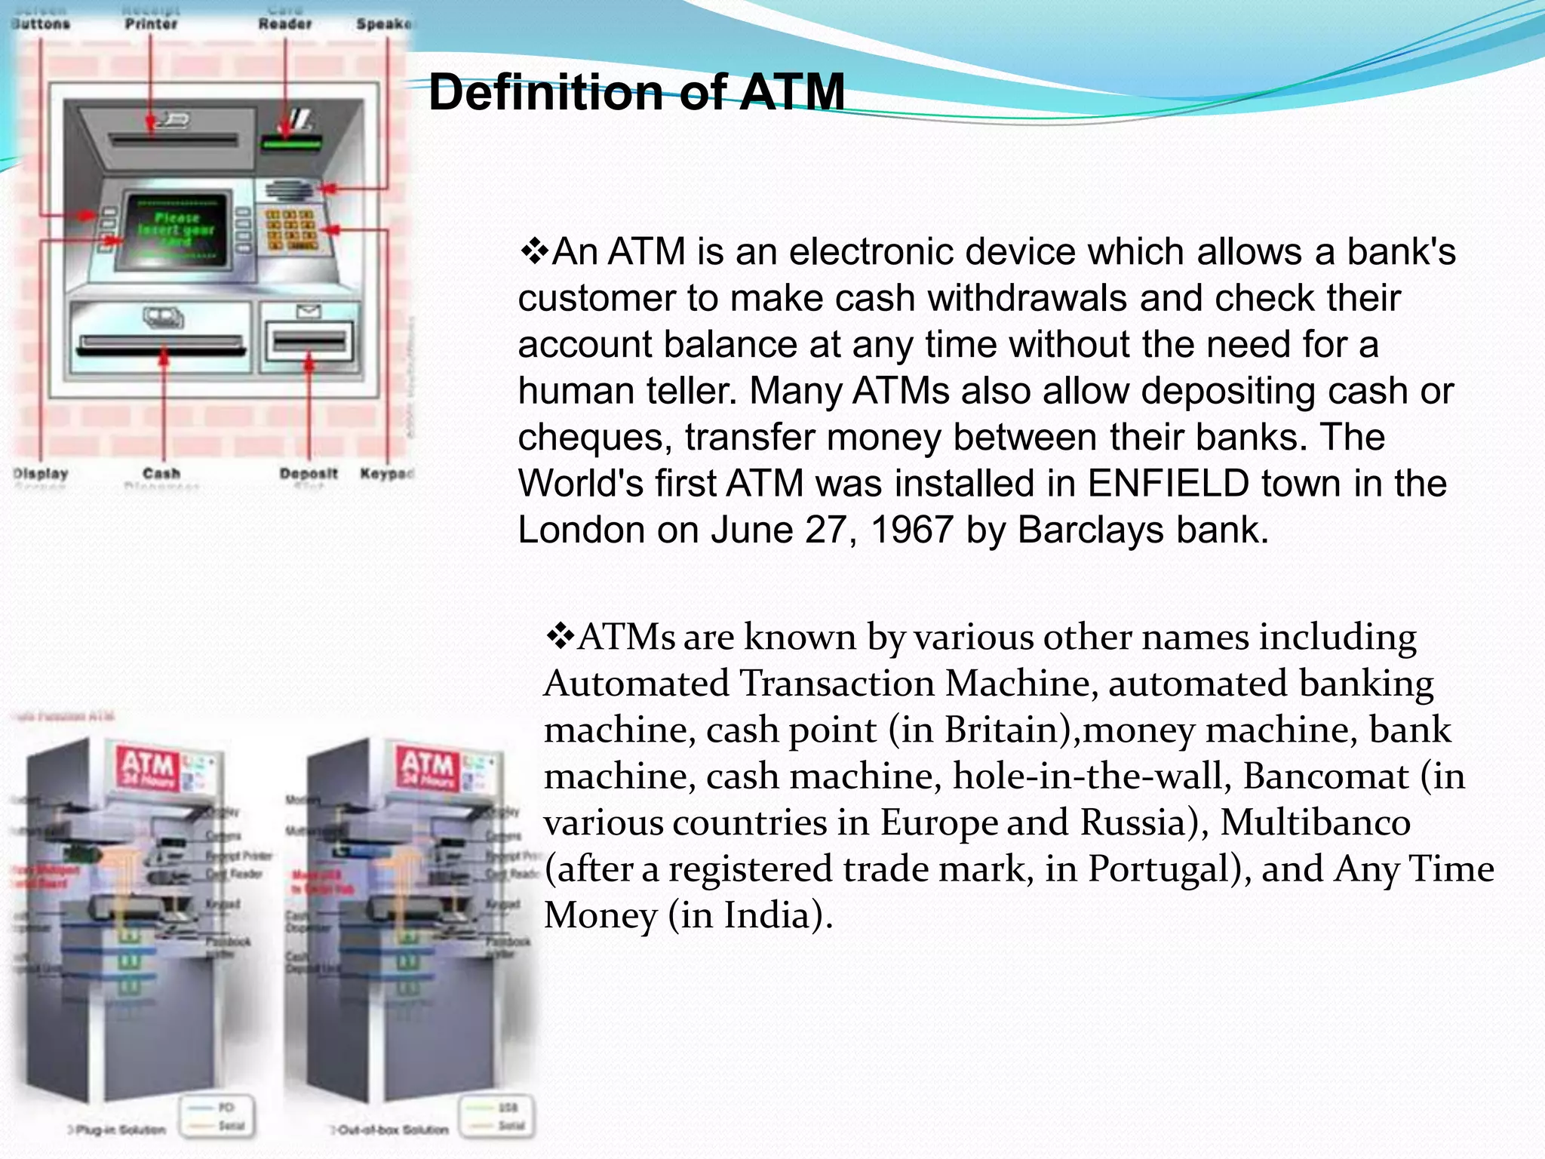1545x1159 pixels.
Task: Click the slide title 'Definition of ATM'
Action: point(636,92)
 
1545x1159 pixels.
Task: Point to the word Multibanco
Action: point(1315,822)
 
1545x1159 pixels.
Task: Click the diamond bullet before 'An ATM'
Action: point(534,251)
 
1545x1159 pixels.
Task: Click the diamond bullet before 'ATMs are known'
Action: point(560,637)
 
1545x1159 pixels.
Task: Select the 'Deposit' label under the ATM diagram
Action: point(309,474)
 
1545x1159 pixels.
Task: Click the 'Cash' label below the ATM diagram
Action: point(161,474)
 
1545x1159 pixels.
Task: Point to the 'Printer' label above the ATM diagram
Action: point(151,24)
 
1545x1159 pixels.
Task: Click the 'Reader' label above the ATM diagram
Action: point(285,24)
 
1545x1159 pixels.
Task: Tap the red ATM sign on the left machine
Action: point(149,767)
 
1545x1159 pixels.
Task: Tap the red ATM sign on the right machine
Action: point(427,766)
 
